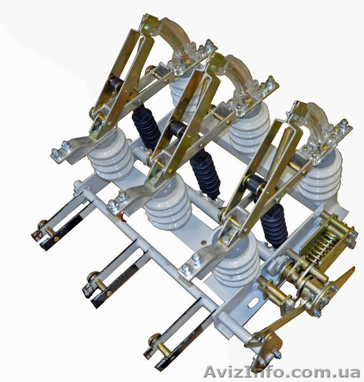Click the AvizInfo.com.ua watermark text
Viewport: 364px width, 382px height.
click(x=282, y=372)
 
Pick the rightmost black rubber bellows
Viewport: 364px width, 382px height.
click(x=275, y=225)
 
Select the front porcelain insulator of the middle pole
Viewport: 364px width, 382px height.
click(x=168, y=204)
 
